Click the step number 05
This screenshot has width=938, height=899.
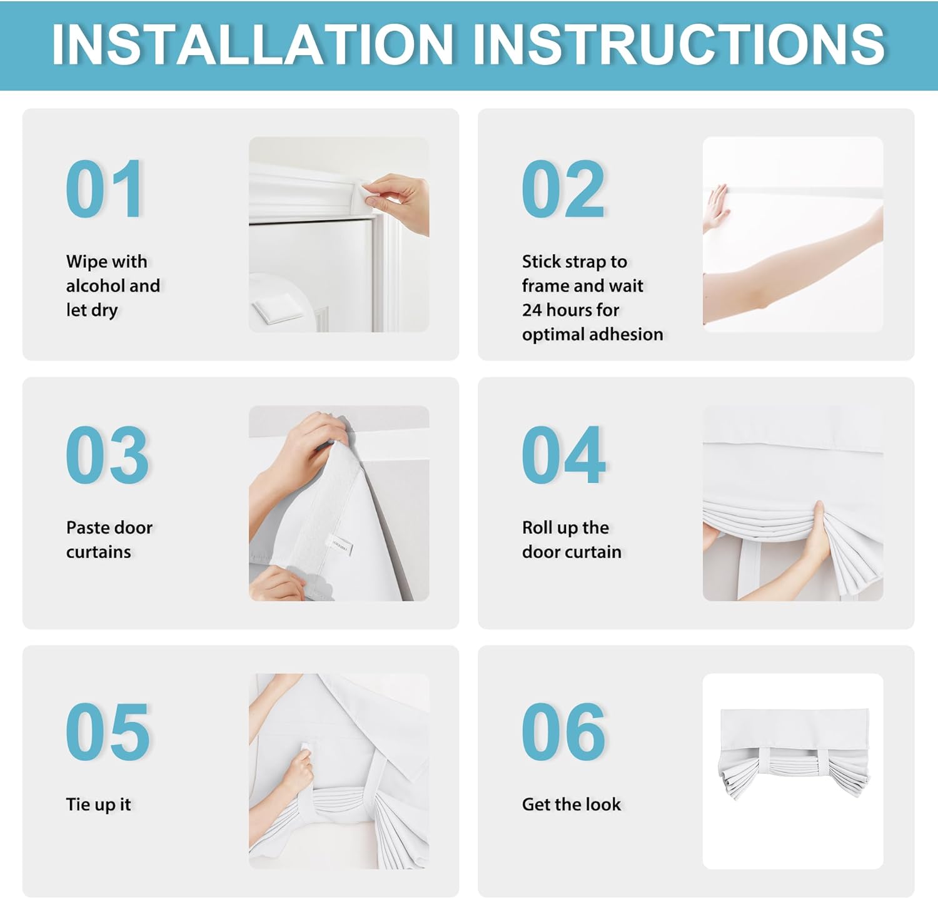click(x=108, y=731)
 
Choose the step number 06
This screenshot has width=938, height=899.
click(x=563, y=731)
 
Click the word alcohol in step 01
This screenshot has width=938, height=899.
click(x=95, y=285)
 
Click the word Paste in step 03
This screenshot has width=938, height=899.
click(x=88, y=527)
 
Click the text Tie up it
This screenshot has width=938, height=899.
click(x=98, y=805)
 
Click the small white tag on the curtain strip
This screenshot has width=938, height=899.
click(x=340, y=544)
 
